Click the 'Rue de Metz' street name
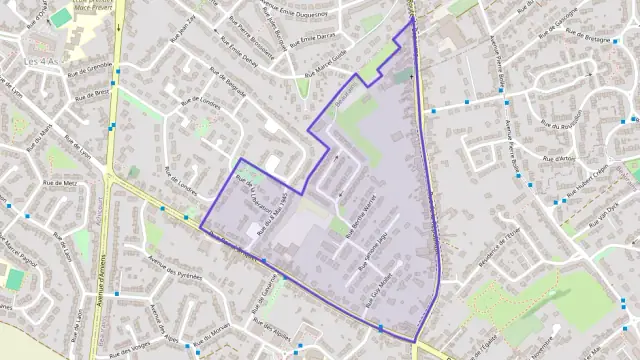[60, 183]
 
